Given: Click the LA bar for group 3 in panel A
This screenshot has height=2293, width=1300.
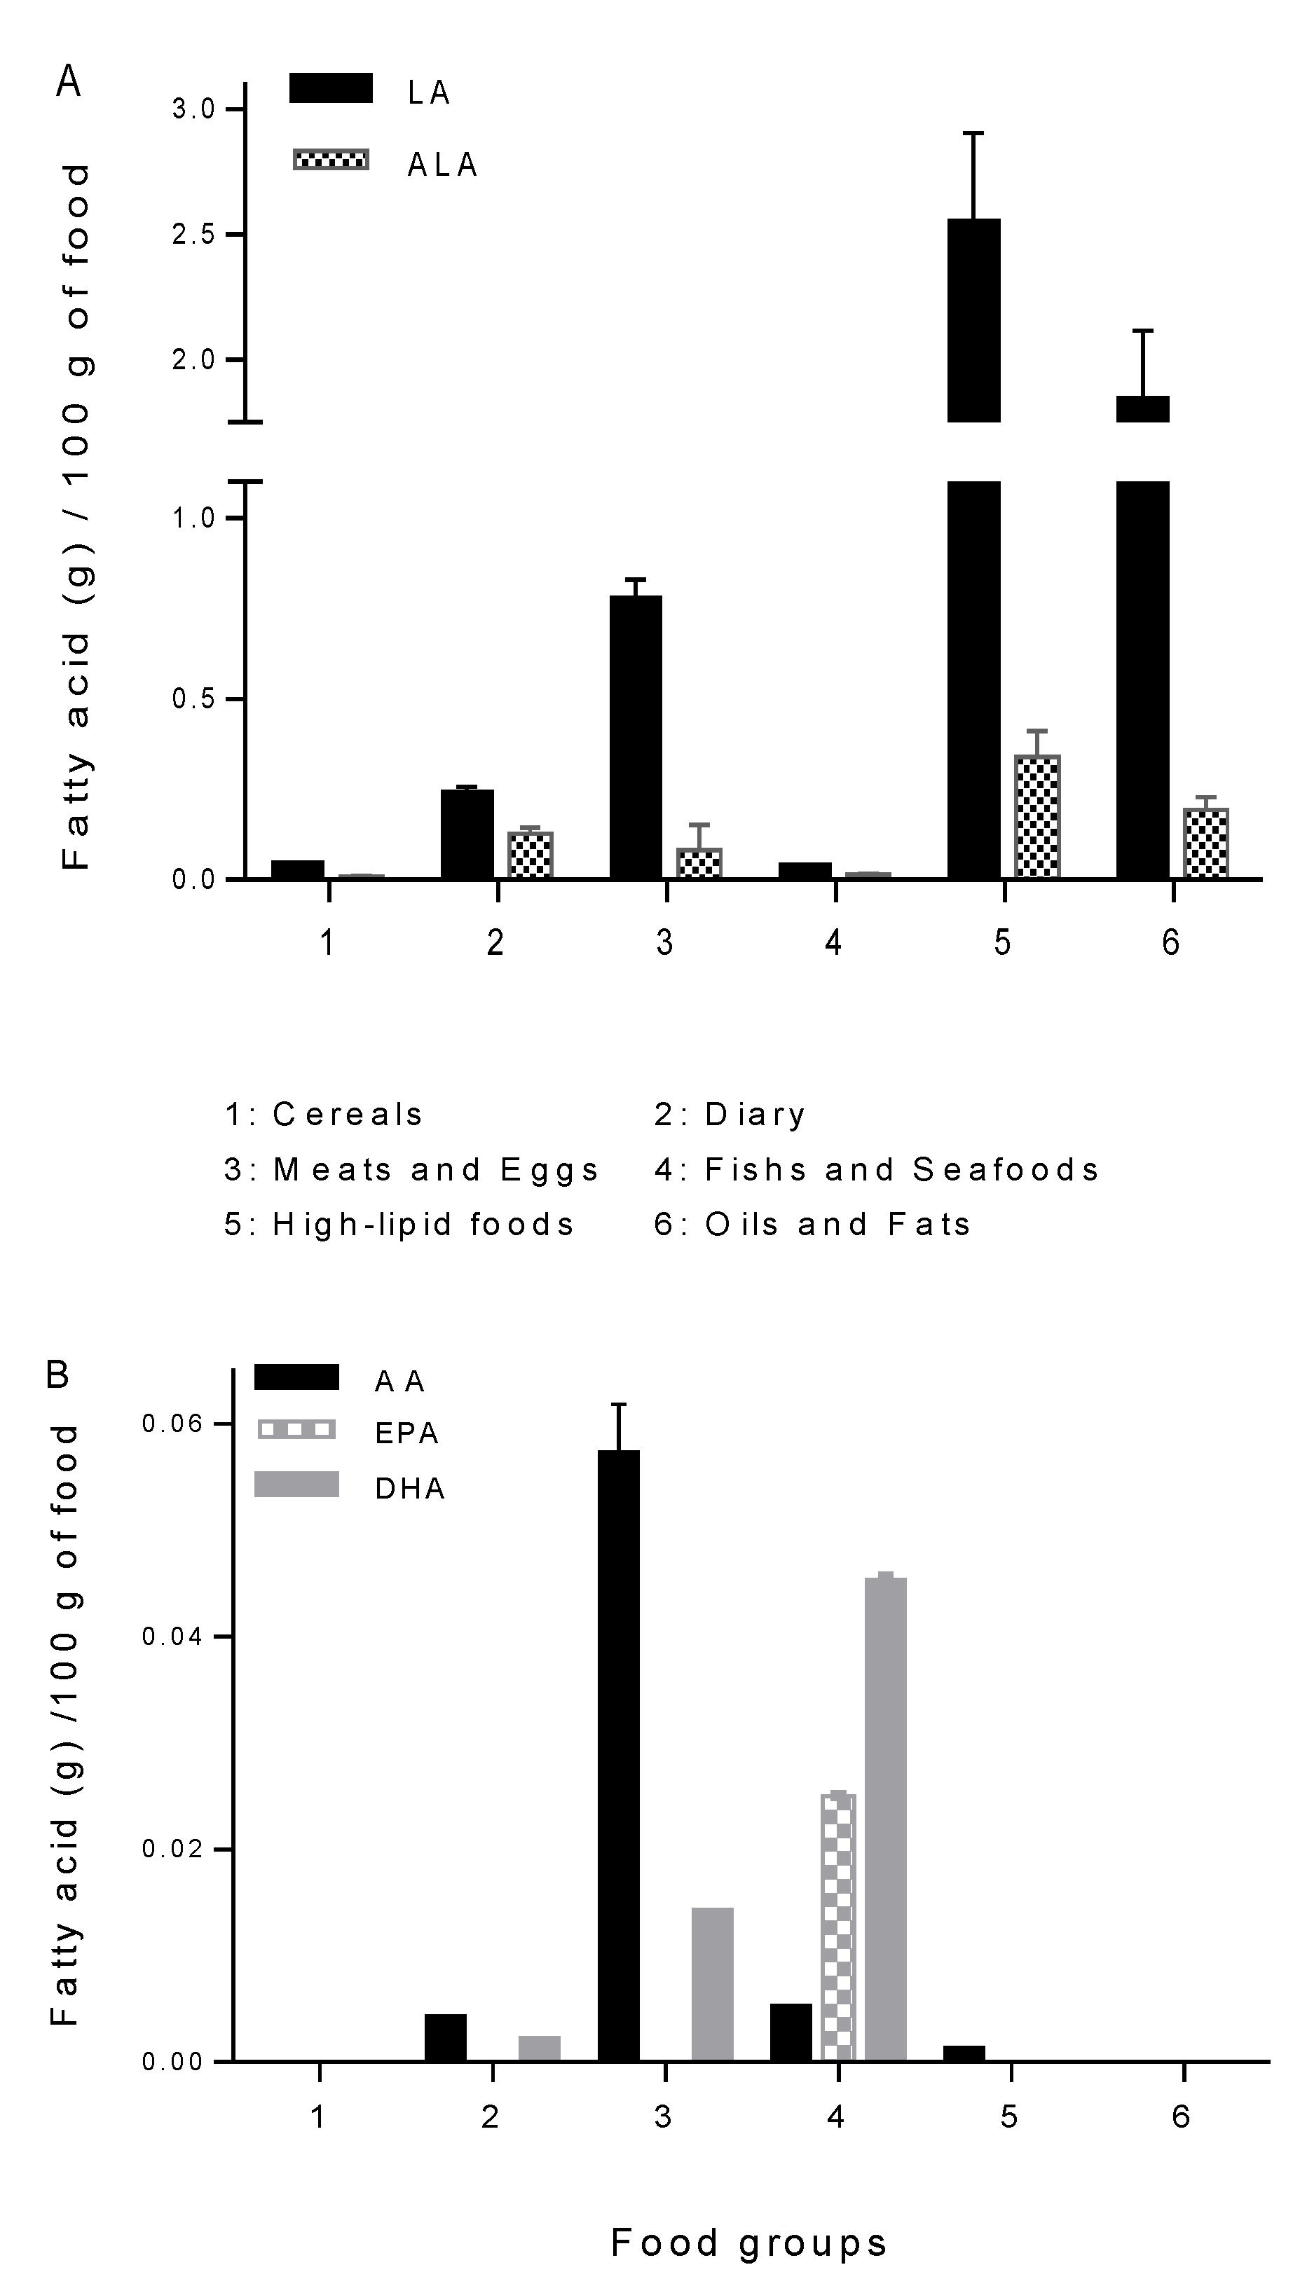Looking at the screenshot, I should (636, 736).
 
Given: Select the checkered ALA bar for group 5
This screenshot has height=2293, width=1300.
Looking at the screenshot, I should (1036, 817).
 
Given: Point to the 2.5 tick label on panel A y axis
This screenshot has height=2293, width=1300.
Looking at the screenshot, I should (193, 235).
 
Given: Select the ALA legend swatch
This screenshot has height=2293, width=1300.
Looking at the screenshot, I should (330, 160).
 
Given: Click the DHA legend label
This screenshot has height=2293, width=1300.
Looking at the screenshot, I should (410, 1488).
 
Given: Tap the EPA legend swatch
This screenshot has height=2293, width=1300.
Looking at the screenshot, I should (296, 1430).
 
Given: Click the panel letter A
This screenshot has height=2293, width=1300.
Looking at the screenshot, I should (69, 82).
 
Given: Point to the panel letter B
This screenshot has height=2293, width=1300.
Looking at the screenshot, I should (57, 1375).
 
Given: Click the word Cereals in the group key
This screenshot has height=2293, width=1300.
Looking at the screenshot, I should (348, 1114).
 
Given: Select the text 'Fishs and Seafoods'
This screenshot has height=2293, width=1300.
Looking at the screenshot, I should (902, 1169).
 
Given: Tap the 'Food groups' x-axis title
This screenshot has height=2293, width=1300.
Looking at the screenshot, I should (748, 2243).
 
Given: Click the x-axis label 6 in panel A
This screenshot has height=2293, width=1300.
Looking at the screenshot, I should (1170, 942).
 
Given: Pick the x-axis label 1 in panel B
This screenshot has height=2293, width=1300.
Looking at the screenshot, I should (319, 2116).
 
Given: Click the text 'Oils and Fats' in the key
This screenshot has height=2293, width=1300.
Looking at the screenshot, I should (837, 1224).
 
